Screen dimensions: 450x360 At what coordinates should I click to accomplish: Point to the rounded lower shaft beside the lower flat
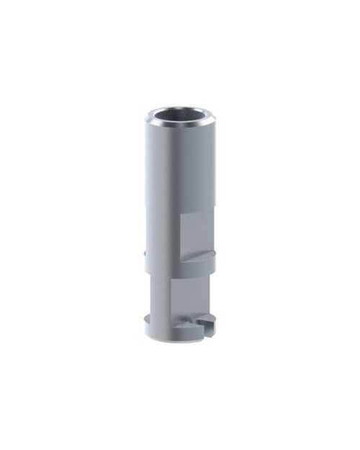[x=160, y=299]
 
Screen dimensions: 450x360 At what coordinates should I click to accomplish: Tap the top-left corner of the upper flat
[x=181, y=215]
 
